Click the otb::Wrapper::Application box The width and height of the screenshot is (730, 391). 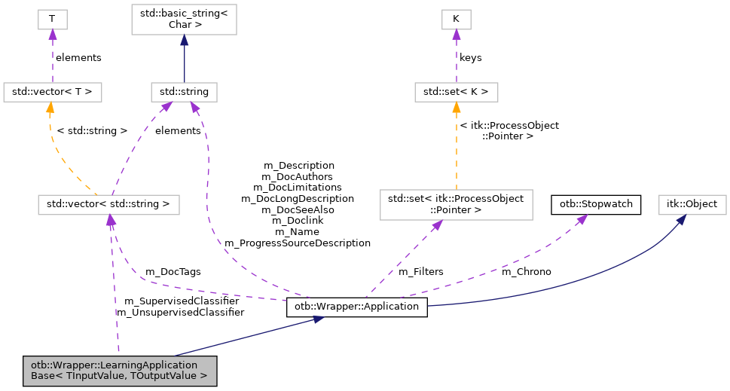[x=357, y=307]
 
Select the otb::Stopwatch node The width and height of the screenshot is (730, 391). [x=597, y=203]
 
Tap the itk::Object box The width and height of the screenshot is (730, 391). [x=692, y=203]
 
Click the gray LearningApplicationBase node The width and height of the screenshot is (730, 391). [x=119, y=371]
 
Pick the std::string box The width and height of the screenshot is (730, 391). [x=184, y=93]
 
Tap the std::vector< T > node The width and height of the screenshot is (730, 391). [x=52, y=93]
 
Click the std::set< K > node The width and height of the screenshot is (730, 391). [x=456, y=93]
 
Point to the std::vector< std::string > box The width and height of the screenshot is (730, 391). [x=108, y=203]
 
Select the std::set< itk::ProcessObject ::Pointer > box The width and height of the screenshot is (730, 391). [x=456, y=203]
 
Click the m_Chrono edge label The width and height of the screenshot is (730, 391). [x=526, y=271]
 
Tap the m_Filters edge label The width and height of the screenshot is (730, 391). [x=420, y=271]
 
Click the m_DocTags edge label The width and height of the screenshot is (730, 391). [x=173, y=271]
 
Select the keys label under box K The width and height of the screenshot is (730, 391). [x=470, y=57]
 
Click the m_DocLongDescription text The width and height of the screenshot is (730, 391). [x=297, y=198]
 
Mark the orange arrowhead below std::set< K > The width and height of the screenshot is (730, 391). [x=456, y=108]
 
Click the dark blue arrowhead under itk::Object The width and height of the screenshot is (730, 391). [x=680, y=219]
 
